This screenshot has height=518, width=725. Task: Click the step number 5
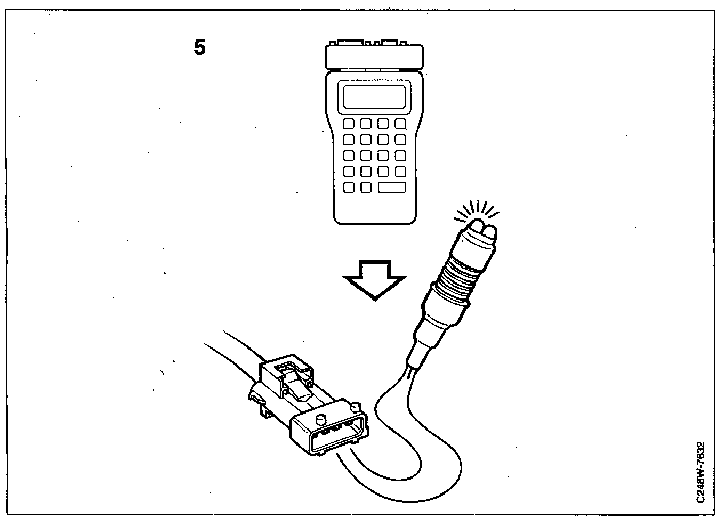click(199, 48)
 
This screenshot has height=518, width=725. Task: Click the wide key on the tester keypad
click(392, 188)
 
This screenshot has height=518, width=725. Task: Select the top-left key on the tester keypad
click(349, 124)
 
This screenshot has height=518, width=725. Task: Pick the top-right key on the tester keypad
click(400, 124)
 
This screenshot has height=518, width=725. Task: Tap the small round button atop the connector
click(321, 418)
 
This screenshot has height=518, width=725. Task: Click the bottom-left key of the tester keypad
click(349, 188)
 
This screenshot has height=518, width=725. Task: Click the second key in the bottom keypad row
click(366, 188)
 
